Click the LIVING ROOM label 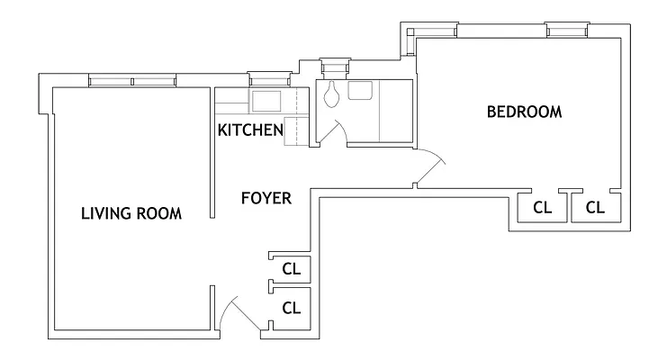click(131, 214)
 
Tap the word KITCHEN click(250, 130)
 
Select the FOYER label click(266, 198)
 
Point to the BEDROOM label click(524, 112)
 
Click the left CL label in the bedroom click(542, 208)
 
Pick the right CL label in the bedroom click(595, 208)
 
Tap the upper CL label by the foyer click(291, 268)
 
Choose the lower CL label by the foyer click(291, 308)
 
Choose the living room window click(132, 81)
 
